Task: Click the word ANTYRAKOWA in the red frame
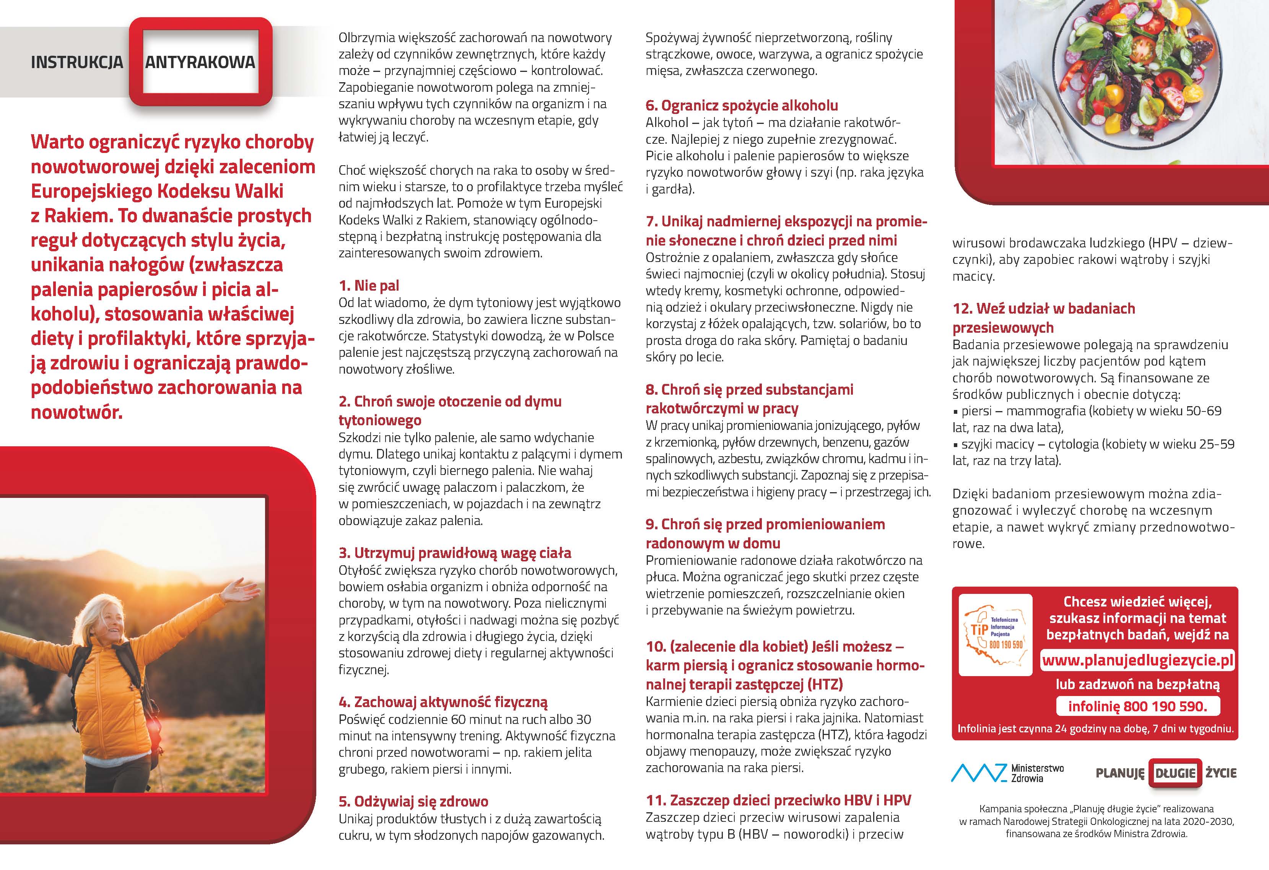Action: pyautogui.click(x=200, y=62)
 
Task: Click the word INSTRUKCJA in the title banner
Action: pyautogui.click(x=77, y=62)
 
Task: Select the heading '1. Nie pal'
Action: pyautogui.click(x=369, y=286)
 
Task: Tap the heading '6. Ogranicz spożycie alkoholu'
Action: pyautogui.click(x=742, y=106)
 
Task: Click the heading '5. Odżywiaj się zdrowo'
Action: pyautogui.click(x=413, y=801)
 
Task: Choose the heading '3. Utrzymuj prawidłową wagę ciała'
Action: pyautogui.click(x=455, y=553)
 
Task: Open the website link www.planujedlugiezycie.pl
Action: pyautogui.click(x=1138, y=660)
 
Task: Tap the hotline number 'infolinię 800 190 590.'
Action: pyautogui.click(x=1137, y=706)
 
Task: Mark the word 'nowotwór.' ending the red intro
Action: pyautogui.click(x=76, y=412)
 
